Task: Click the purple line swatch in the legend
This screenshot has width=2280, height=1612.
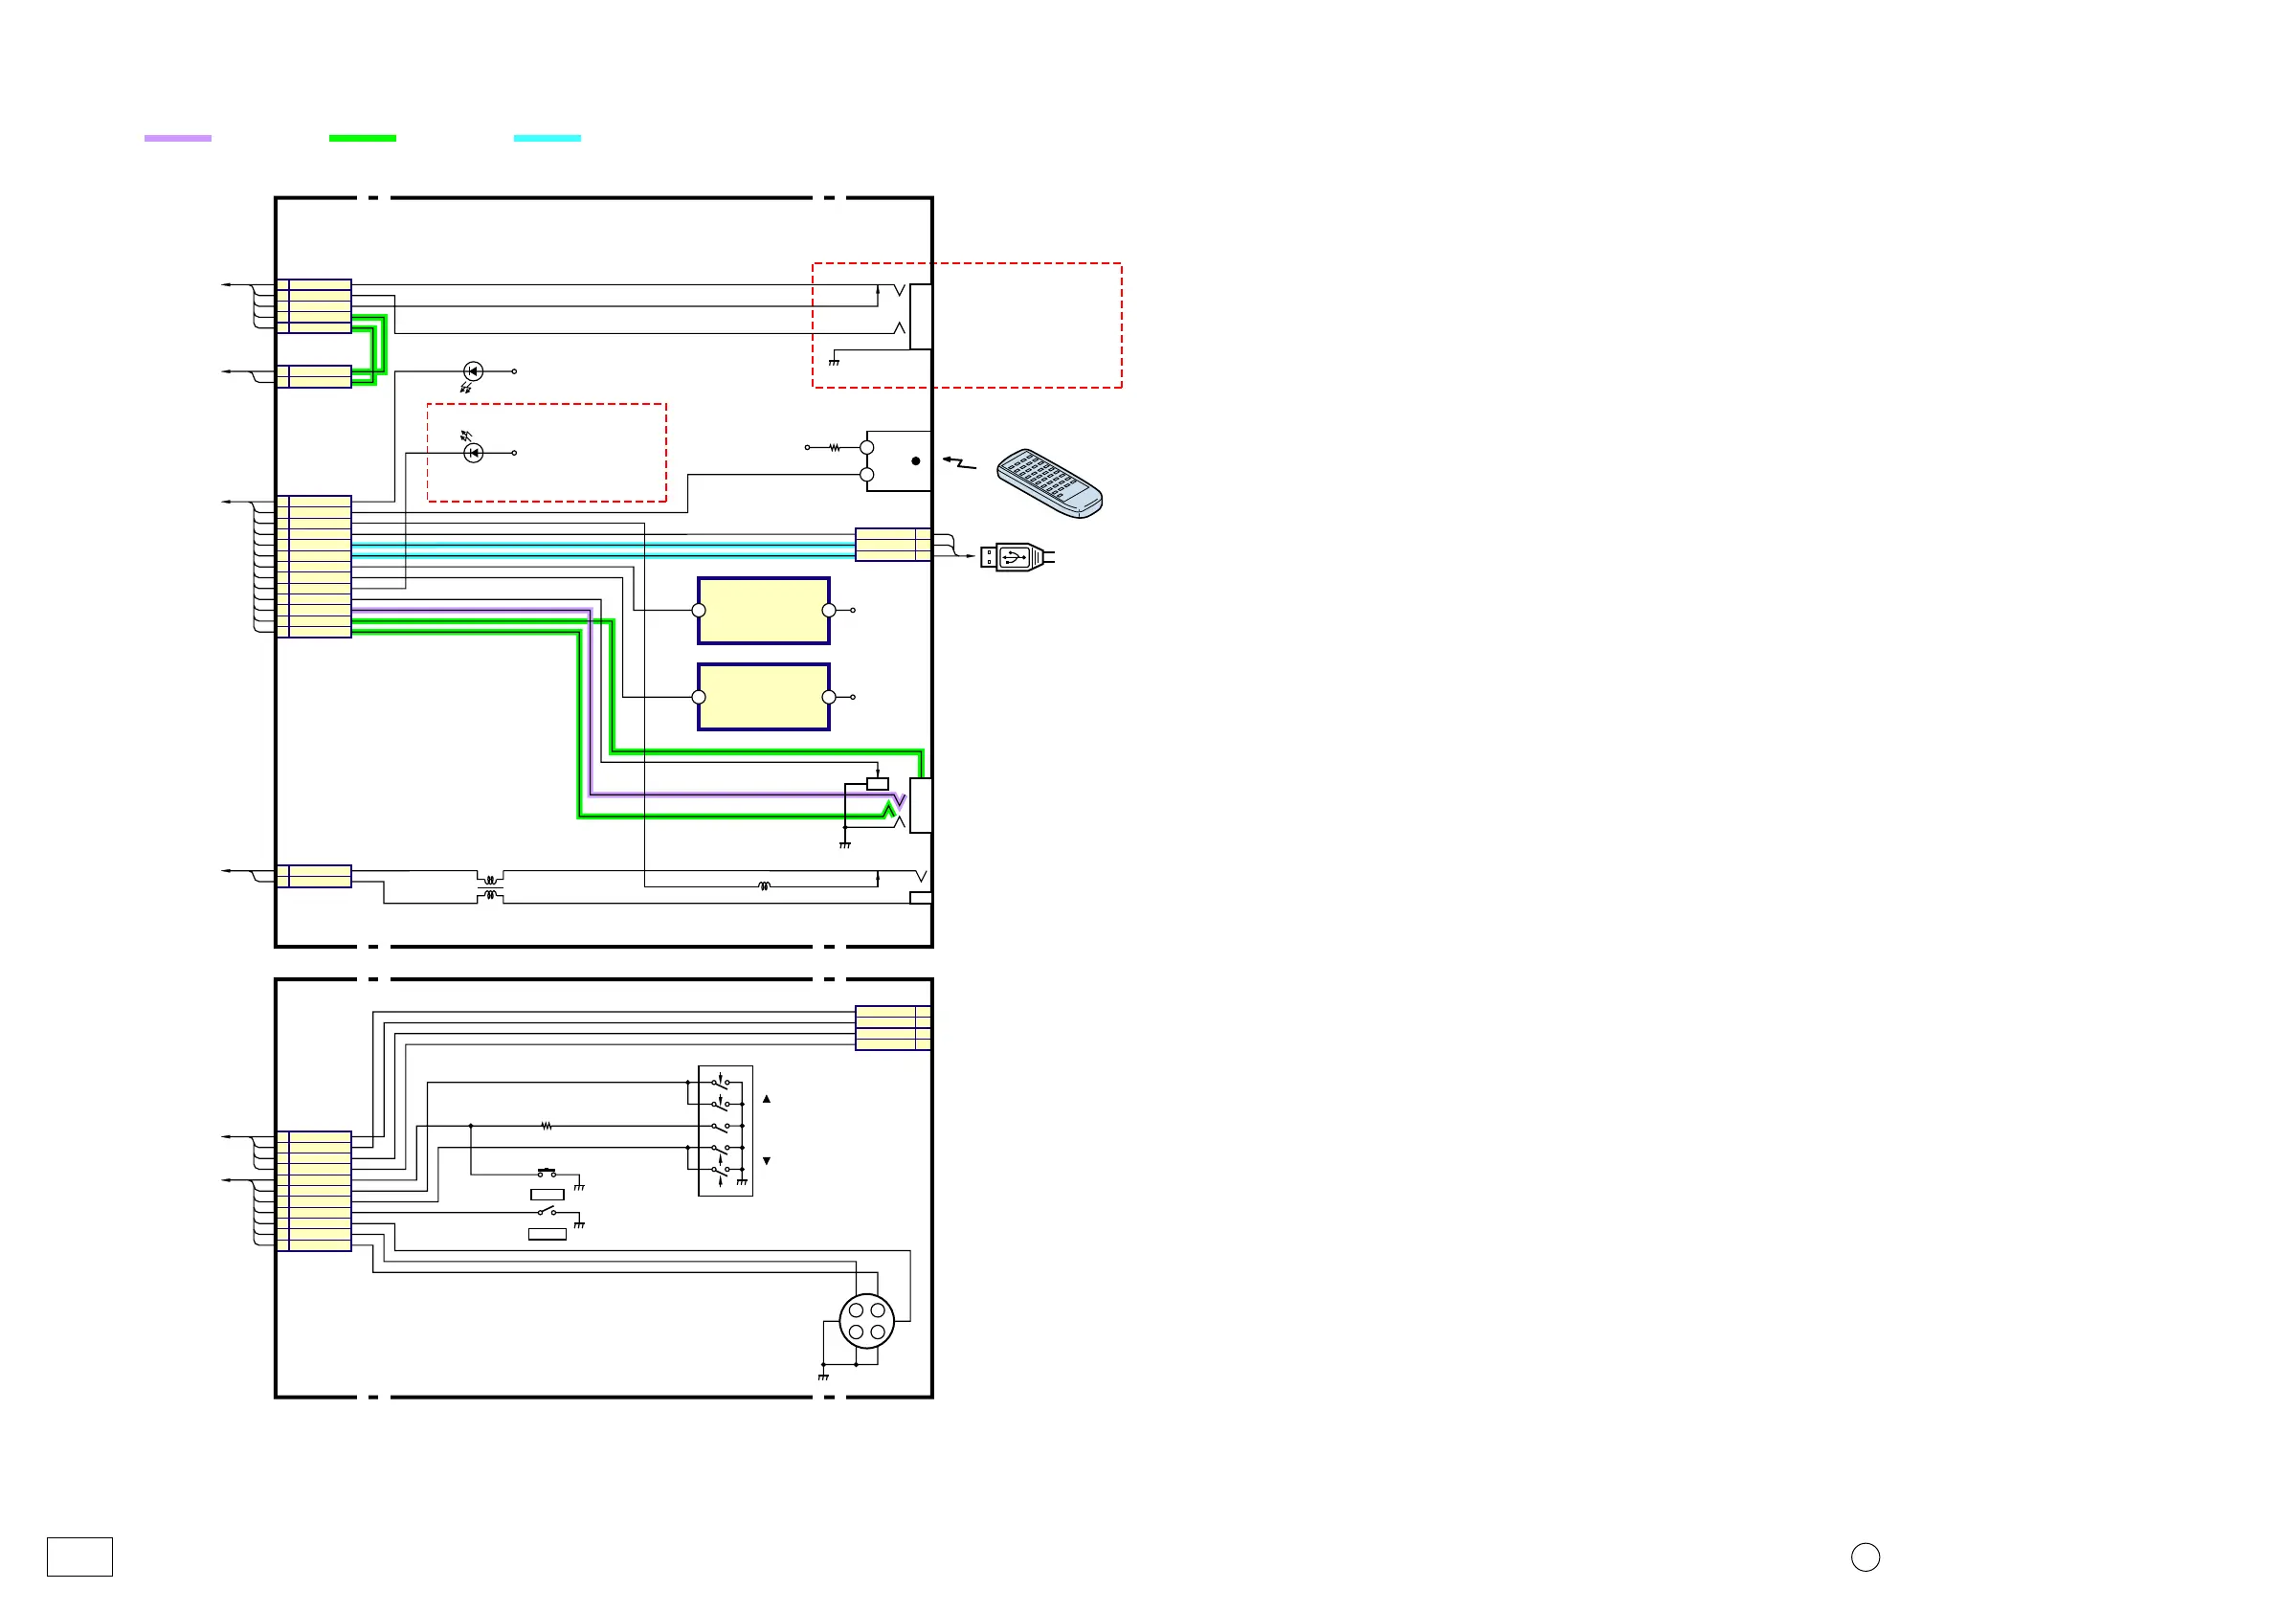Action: pyautogui.click(x=178, y=138)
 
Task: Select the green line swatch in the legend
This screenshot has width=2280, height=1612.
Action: pyautogui.click(x=363, y=138)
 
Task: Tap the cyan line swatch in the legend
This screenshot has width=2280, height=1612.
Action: pyautogui.click(x=548, y=138)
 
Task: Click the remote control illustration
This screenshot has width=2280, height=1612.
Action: pyautogui.click(x=1050, y=482)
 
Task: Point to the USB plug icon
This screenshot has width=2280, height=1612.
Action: pyautogui.click(x=1016, y=556)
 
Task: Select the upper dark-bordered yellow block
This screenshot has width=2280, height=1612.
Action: pyautogui.click(x=764, y=611)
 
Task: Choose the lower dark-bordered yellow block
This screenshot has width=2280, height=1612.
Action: pyautogui.click(x=764, y=696)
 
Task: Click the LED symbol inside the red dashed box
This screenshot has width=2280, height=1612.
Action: pyautogui.click(x=474, y=453)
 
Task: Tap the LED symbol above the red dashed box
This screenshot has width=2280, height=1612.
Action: pyautogui.click(x=474, y=371)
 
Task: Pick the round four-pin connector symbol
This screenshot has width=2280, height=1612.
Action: pyautogui.click(x=867, y=1321)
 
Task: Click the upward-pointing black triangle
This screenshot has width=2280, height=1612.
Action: pyautogui.click(x=767, y=1100)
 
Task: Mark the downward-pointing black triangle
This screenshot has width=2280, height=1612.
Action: pyautogui.click(x=767, y=1161)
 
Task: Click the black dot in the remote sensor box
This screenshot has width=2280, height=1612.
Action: pyautogui.click(x=916, y=460)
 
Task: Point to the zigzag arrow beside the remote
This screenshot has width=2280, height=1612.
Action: pyautogui.click(x=959, y=461)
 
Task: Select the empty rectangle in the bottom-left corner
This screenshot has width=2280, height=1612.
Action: pyautogui.click(x=79, y=1556)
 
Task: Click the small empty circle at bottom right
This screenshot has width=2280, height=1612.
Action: pyautogui.click(x=1865, y=1557)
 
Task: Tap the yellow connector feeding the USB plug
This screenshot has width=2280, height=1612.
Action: pyautogui.click(x=893, y=545)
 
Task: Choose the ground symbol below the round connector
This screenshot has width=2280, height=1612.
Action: pyautogui.click(x=823, y=1377)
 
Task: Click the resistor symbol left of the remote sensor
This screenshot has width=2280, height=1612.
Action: pyautogui.click(x=836, y=448)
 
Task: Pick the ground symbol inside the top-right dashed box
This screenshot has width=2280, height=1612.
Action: pyautogui.click(x=834, y=362)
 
